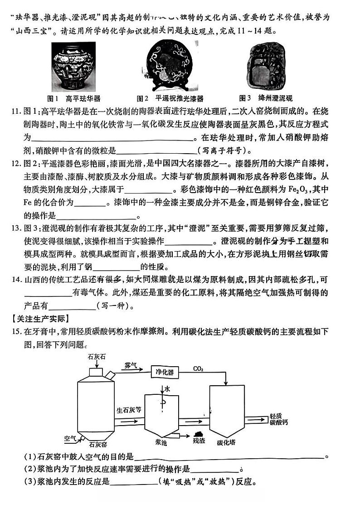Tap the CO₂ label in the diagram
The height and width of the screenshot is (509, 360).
(x=198, y=368)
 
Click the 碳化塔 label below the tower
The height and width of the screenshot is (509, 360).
(x=225, y=442)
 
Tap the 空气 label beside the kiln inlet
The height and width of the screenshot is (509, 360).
(x=70, y=438)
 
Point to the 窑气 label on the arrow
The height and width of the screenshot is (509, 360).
(x=130, y=364)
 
